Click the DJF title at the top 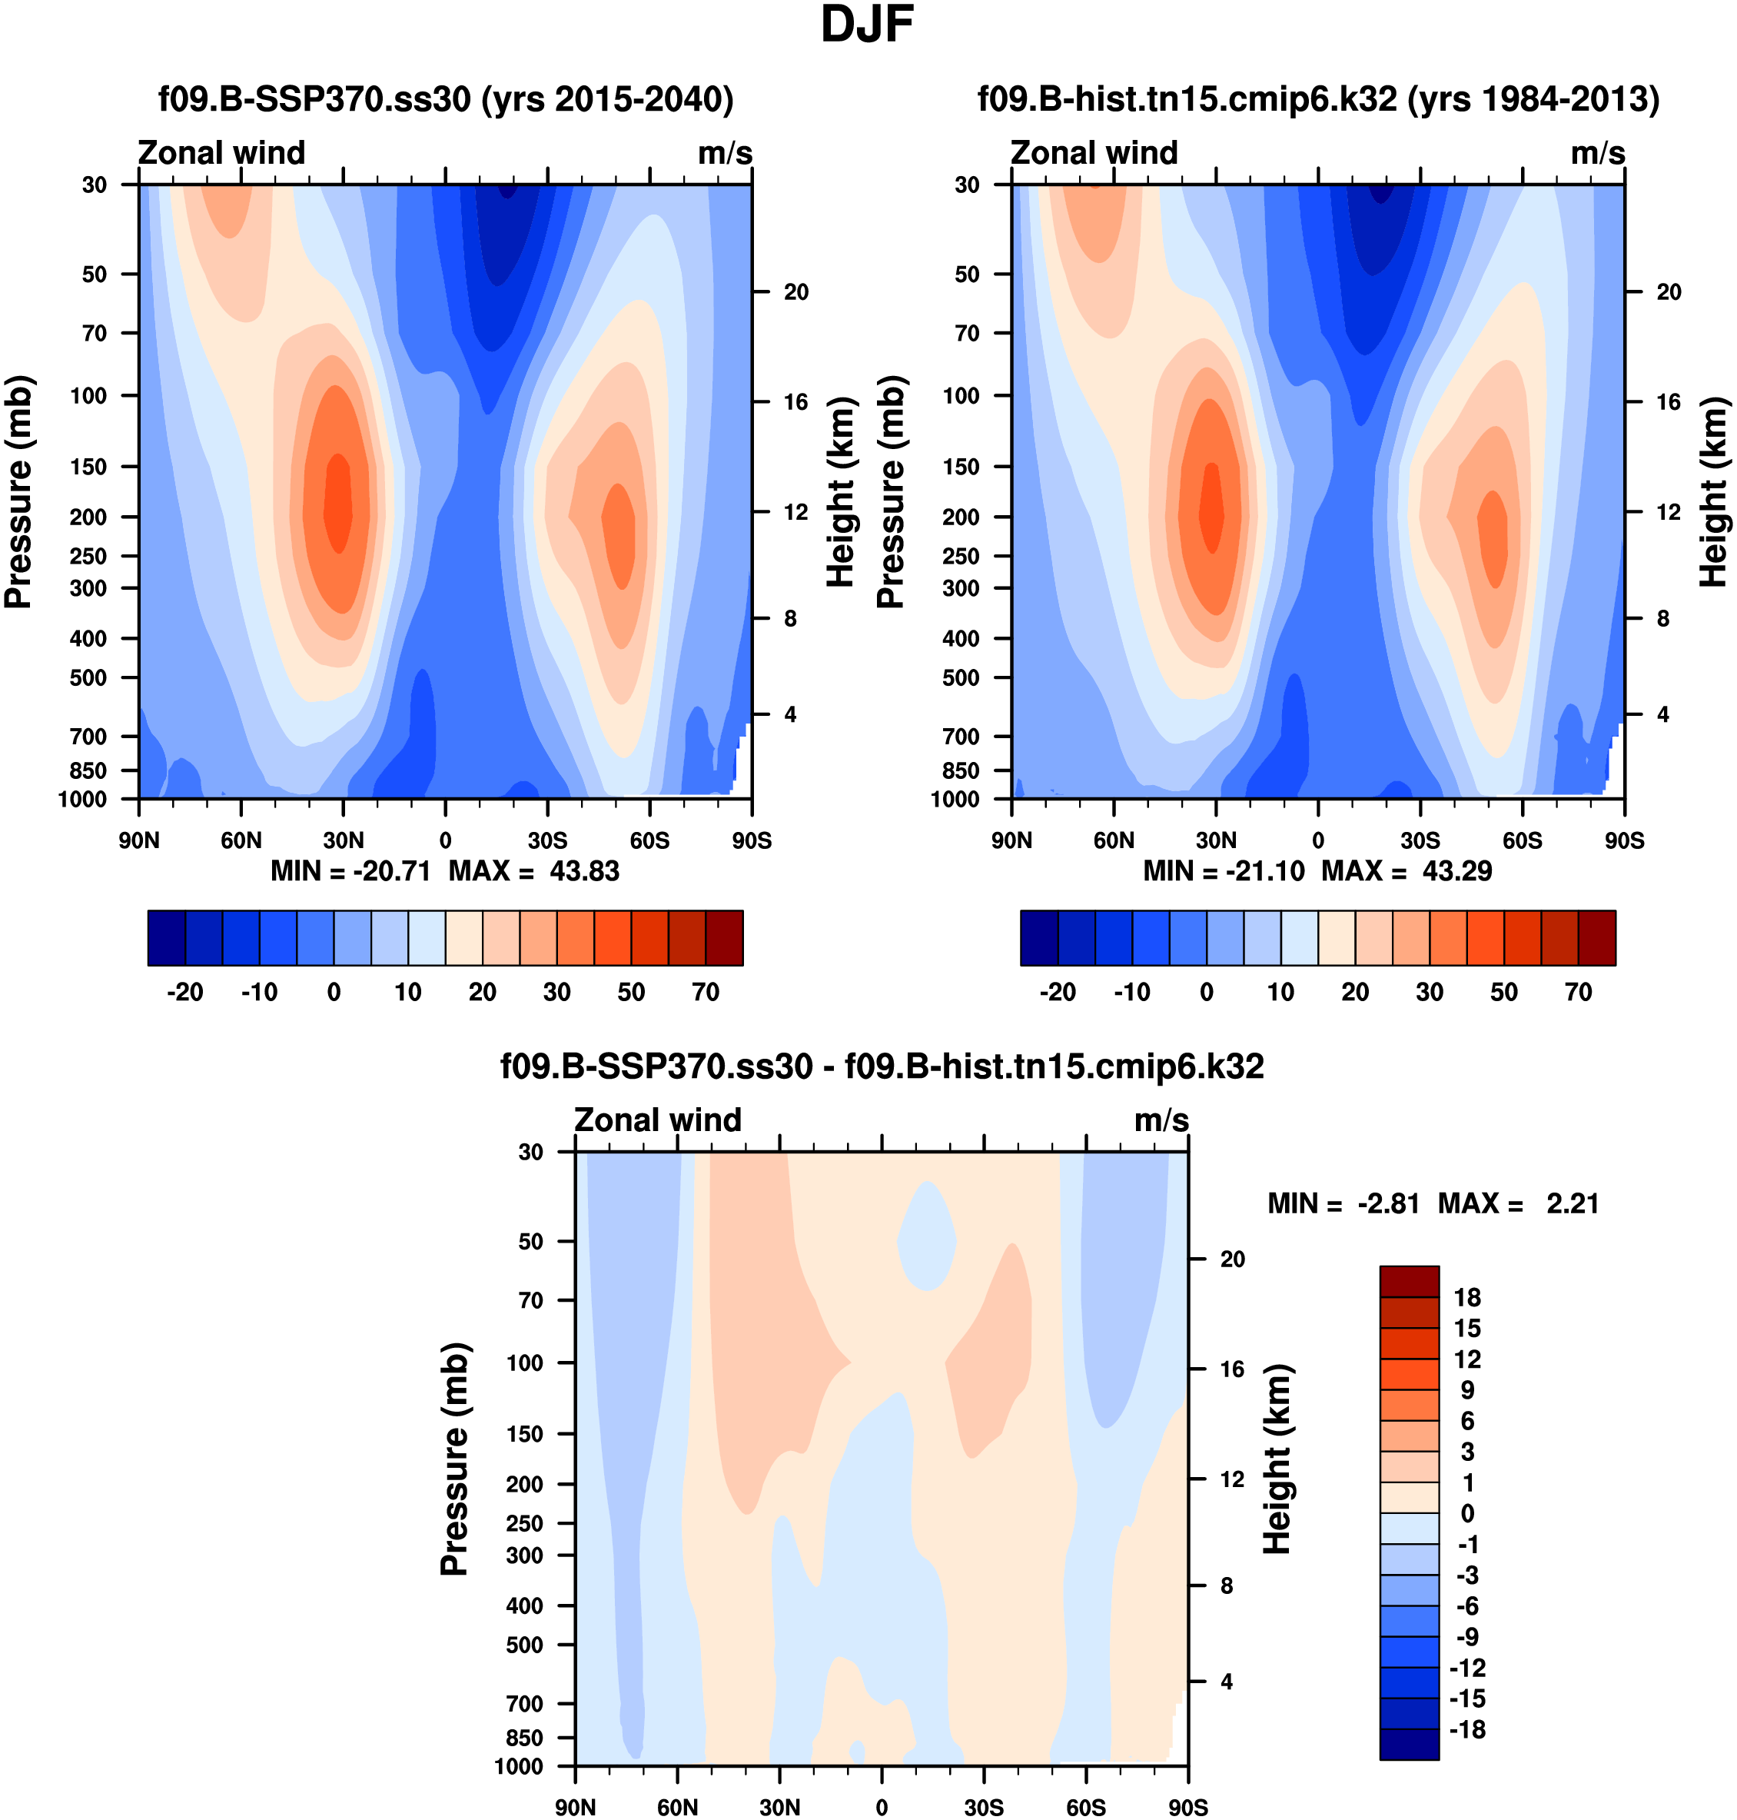[867, 25]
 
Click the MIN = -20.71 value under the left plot [350, 870]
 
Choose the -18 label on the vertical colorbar [1466, 1729]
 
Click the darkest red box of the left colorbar [724, 938]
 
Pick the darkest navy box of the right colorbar [1039, 938]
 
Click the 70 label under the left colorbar [706, 992]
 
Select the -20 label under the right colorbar [1058, 992]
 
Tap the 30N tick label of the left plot [343, 840]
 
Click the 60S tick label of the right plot [1523, 840]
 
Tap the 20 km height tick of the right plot [1669, 291]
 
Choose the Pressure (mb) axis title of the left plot [18, 492]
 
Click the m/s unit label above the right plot [1597, 153]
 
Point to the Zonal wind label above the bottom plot [657, 1120]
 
